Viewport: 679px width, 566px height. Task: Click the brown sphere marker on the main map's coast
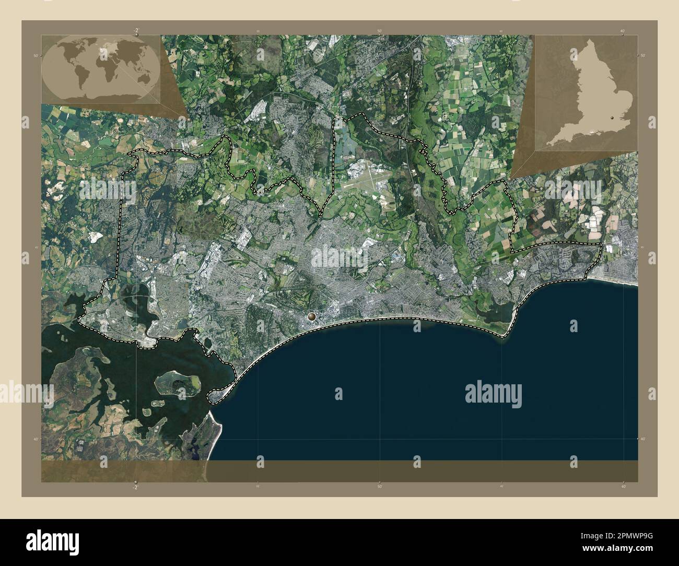312,316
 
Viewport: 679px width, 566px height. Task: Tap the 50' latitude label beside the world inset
36,55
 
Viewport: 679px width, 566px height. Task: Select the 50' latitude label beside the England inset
642,55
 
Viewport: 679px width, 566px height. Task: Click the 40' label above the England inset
623,31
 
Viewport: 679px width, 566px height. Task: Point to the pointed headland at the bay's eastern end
505,337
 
